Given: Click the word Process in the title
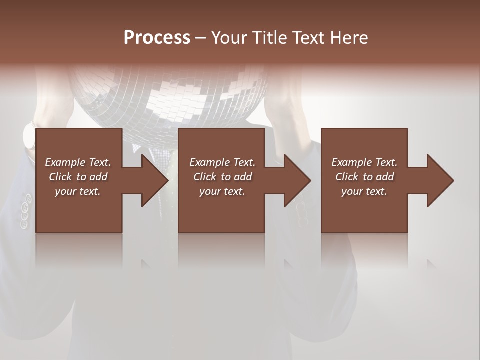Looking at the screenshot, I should click(157, 38).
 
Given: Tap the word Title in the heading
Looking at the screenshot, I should click(269, 38).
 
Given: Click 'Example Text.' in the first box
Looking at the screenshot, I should click(78, 162).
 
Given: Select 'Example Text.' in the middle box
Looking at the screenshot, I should click(222, 162).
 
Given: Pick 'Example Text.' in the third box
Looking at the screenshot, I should click(364, 162).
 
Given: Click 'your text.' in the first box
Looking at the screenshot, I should click(78, 191).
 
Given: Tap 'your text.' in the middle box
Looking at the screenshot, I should click(222, 191).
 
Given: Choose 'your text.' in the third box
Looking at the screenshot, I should click(364, 191).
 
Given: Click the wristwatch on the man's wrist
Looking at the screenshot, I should click(30, 135).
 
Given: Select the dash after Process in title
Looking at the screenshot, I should click(201, 38).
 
